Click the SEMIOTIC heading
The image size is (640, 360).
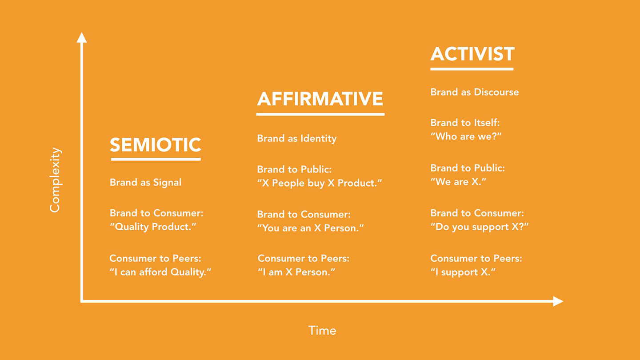(x=156, y=144)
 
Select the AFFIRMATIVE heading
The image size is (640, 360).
(x=320, y=99)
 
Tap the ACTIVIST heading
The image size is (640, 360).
(x=472, y=54)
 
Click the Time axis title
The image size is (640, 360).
(x=322, y=331)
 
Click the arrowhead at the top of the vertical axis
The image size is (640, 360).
(x=82, y=37)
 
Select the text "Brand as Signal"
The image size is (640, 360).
(x=145, y=182)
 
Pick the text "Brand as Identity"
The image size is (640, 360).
(x=296, y=138)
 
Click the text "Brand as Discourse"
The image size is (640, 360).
(x=475, y=92)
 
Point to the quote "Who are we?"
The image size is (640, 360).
(x=466, y=136)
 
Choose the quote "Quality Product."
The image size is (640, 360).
(x=153, y=227)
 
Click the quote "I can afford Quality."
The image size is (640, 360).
(x=160, y=272)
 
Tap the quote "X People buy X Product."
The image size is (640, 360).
(x=320, y=183)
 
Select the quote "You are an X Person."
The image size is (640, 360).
(x=310, y=228)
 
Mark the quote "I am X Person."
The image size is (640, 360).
(x=296, y=272)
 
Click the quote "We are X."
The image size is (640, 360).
(x=458, y=181)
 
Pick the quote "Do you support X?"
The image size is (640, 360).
(x=480, y=227)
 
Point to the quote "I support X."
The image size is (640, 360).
(x=463, y=272)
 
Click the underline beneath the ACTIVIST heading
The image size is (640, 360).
(x=472, y=69)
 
